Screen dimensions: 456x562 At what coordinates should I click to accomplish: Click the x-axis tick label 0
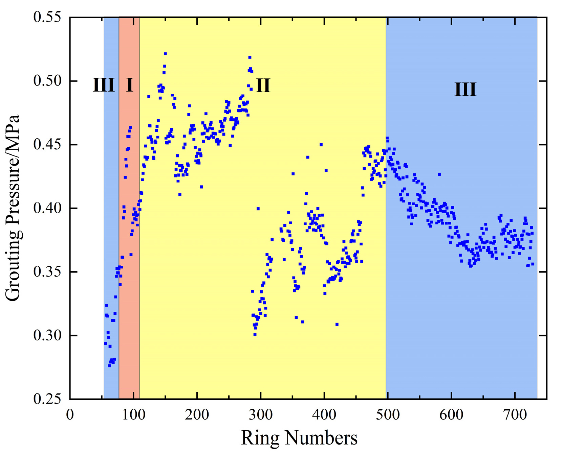[x=70, y=414]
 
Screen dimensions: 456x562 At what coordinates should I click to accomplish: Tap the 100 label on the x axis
[x=133, y=414]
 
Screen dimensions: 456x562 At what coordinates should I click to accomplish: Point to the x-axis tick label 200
[x=197, y=414]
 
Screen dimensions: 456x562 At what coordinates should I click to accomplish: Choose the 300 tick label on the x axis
[x=261, y=414]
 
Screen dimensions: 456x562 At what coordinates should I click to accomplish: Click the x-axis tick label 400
[x=324, y=414]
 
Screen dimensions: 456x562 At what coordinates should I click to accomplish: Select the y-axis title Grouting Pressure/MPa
[x=14, y=208]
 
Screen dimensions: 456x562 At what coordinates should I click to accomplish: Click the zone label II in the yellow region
[x=263, y=85]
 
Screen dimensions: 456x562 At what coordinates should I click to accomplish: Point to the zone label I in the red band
[x=129, y=85]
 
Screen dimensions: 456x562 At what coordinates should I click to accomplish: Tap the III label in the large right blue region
[x=465, y=90]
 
